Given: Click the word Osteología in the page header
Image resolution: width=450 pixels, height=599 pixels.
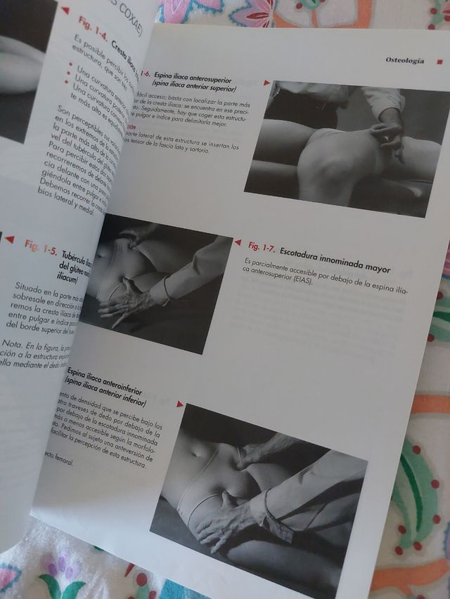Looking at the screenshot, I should [x=404, y=61].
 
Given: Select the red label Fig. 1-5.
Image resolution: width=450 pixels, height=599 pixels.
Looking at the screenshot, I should [x=41, y=246].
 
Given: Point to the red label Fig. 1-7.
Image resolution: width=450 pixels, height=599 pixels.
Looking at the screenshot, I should [x=262, y=247].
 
